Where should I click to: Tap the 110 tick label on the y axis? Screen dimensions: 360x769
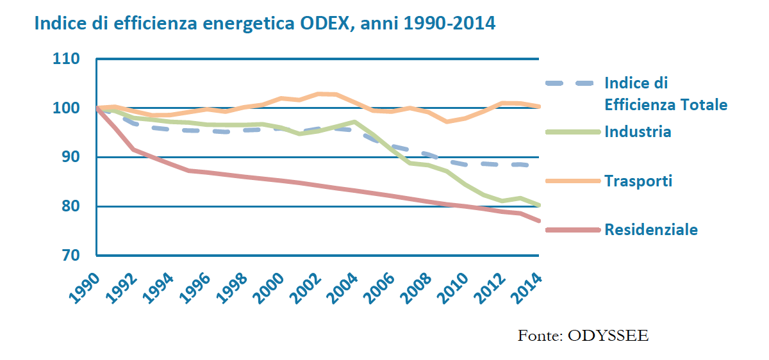[x=67, y=60]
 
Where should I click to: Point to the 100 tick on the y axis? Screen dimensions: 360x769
[x=67, y=108]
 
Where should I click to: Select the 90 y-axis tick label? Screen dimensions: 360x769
[x=70, y=158]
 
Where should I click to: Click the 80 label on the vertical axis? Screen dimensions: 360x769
[x=70, y=206]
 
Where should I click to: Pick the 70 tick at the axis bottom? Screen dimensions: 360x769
[x=70, y=256]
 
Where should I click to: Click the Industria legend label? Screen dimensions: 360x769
[x=638, y=132]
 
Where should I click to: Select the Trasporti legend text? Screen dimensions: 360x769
[x=638, y=181]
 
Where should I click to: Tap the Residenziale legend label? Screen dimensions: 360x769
[x=651, y=230]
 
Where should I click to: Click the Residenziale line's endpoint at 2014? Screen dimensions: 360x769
[x=540, y=221]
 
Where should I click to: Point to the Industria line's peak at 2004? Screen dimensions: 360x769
[x=355, y=122]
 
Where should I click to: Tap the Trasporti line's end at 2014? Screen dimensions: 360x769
[x=540, y=106]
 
